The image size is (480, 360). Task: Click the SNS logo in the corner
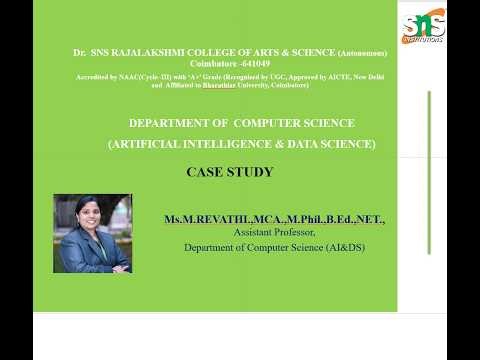[x=422, y=28]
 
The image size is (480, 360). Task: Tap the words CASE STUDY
[x=229, y=172]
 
